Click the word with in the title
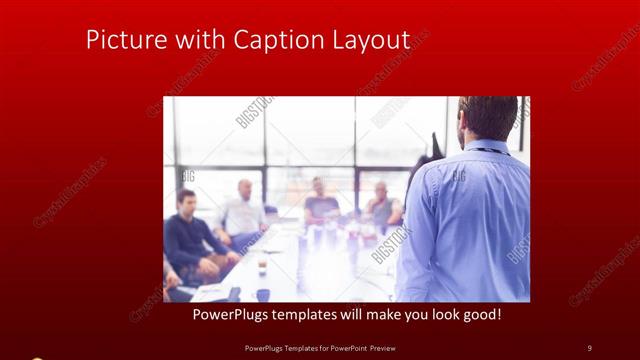pyautogui.click(x=196, y=40)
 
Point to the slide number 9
pyautogui.click(x=589, y=347)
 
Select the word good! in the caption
pyautogui.click(x=480, y=315)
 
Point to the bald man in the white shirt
pyautogui.click(x=243, y=210)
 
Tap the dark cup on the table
pyautogui.click(x=263, y=294)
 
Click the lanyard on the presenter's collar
pyautogui.click(x=490, y=151)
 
